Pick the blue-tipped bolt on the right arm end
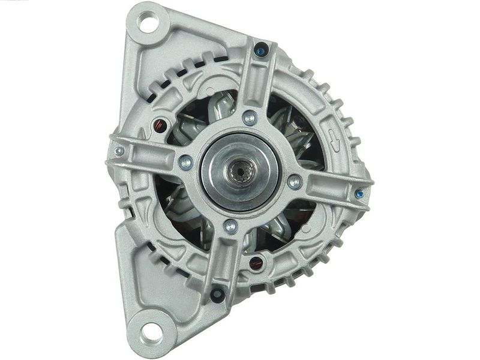click(359, 193)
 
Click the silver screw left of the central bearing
click(186, 161)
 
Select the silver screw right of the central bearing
click(294, 182)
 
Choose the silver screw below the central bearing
click(230, 226)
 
